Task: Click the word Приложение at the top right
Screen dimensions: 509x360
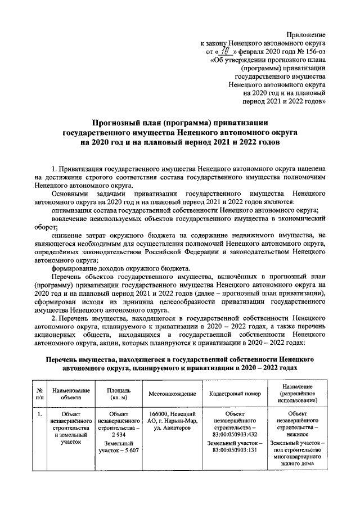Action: point(305,35)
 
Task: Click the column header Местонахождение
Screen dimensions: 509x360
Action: point(172,393)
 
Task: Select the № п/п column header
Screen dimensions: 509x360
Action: point(39,393)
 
